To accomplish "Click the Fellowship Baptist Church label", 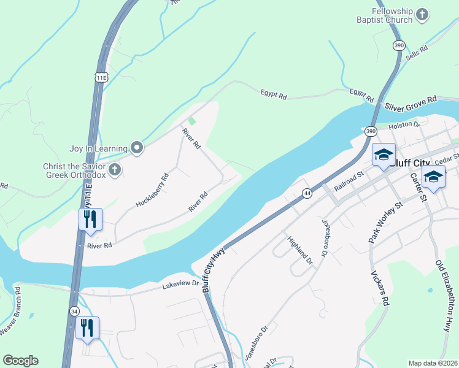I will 384,15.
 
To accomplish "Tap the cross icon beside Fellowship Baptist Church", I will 422,14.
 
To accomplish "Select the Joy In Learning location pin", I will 137,148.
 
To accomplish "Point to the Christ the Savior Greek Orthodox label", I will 74,171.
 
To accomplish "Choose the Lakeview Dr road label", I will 182,284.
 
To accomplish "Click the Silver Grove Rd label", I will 411,102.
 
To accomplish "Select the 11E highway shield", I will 101,77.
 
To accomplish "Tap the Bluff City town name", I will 411,164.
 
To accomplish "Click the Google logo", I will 20,361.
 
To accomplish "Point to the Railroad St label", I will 349,182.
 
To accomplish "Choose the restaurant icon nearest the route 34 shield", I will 87,329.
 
